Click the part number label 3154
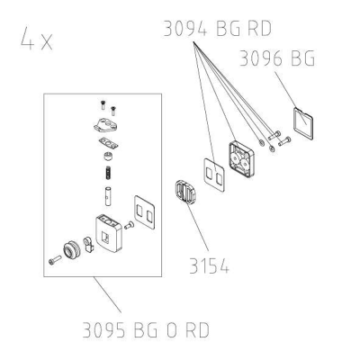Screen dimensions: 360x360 pyautogui.click(x=209, y=265)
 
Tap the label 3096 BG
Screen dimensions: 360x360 pyautogui.click(x=277, y=58)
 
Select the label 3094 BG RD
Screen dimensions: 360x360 pyautogui.click(x=218, y=29)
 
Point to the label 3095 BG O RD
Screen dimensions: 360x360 pyautogui.click(x=146, y=330)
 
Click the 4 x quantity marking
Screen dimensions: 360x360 pyautogui.click(x=37, y=39)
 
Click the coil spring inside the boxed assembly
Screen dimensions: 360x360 pyautogui.click(x=109, y=173)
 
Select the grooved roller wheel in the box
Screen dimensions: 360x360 pyautogui.click(x=71, y=250)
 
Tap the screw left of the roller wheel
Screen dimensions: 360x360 pyautogui.click(x=55, y=260)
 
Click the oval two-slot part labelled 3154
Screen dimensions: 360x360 pyautogui.click(x=184, y=193)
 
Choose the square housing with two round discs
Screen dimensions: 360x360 pyautogui.click(x=241, y=159)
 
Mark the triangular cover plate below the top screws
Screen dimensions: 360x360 pyautogui.click(x=105, y=124)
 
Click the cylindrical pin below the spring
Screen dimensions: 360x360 pyautogui.click(x=108, y=196)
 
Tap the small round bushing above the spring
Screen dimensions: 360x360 pyautogui.click(x=108, y=157)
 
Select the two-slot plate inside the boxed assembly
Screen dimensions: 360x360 pyautogui.click(x=144, y=212)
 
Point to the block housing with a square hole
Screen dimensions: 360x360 pyautogui.click(x=109, y=233)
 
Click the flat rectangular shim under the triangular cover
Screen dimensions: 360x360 pyautogui.click(x=108, y=143)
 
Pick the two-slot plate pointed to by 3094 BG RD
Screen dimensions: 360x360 pyautogui.click(x=214, y=175)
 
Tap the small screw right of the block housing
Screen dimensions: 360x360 pyautogui.click(x=129, y=225)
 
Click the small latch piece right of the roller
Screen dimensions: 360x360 pyautogui.click(x=89, y=245)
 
